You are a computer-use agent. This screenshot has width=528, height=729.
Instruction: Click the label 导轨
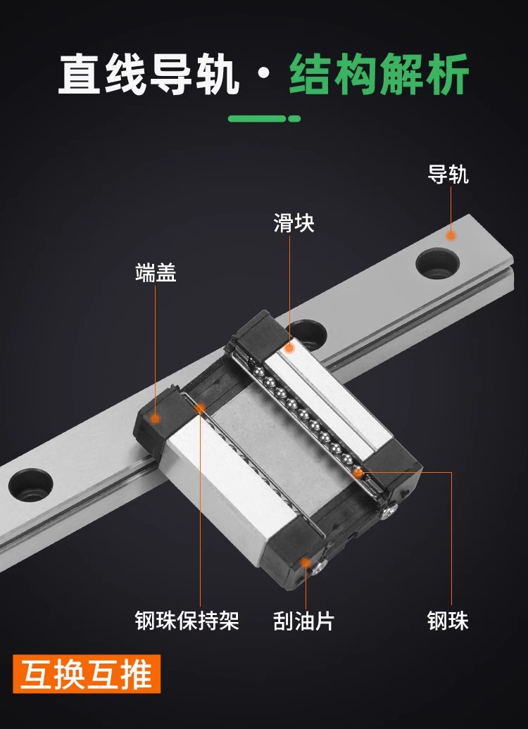(448, 174)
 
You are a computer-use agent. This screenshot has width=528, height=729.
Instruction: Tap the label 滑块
(294, 224)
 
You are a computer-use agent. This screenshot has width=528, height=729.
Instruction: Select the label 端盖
(156, 272)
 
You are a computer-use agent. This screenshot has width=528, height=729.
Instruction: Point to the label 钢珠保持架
(187, 621)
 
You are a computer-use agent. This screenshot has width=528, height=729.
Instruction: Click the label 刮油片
(303, 621)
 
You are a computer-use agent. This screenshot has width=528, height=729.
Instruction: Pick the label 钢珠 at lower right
(448, 621)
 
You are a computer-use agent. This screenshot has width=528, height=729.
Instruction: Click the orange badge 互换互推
(87, 674)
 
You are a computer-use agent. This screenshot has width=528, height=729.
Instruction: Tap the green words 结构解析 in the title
(379, 75)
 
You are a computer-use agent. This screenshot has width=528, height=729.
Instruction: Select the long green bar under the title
(257, 118)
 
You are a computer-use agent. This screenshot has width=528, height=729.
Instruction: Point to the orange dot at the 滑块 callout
(289, 348)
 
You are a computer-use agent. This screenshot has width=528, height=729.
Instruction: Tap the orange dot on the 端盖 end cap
(156, 419)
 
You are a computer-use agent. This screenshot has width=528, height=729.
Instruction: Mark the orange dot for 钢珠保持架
(200, 407)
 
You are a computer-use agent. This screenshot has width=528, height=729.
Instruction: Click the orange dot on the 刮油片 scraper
(305, 562)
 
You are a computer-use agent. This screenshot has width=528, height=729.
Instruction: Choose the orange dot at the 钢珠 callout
(358, 473)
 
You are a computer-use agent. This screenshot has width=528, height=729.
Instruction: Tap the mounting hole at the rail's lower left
(31, 484)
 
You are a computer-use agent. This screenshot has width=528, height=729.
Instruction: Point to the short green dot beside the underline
(294, 118)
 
